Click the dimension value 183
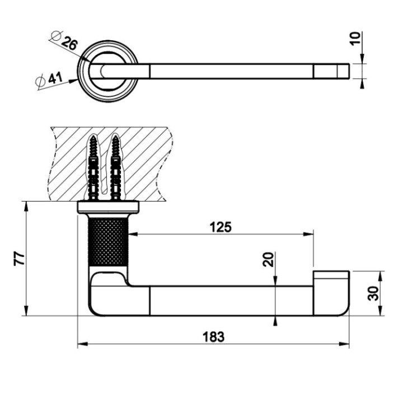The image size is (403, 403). (x=213, y=336)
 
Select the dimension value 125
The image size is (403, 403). (x=221, y=226)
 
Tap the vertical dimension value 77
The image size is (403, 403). (x=18, y=258)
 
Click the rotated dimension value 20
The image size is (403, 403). (x=268, y=259)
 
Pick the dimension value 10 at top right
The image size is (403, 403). (x=355, y=39)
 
